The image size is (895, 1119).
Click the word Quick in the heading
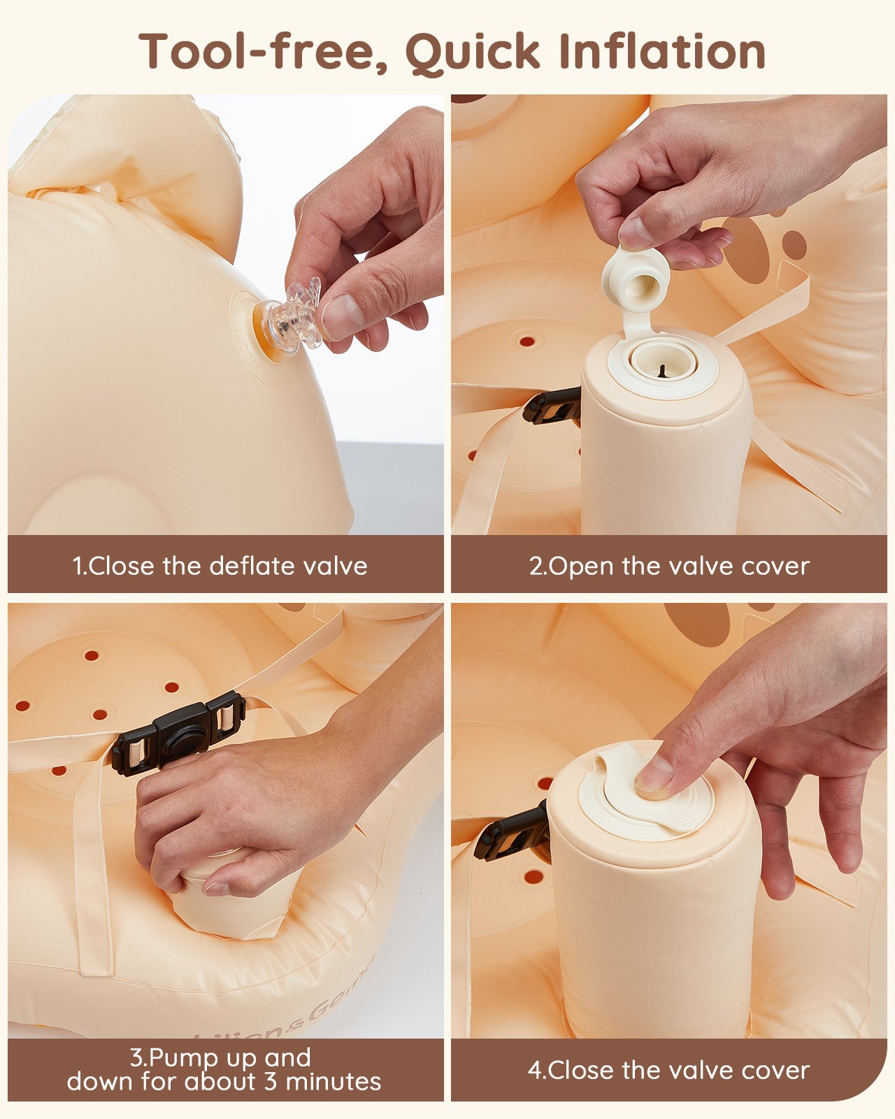tap(473, 52)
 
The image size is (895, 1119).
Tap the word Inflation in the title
tap(662, 51)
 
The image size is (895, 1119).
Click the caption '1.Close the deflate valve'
tap(220, 566)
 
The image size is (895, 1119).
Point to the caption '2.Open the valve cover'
tap(669, 566)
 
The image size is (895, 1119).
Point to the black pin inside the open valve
tap(663, 371)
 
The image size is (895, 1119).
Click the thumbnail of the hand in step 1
tap(338, 316)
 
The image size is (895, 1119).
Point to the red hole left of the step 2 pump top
tap(527, 341)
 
